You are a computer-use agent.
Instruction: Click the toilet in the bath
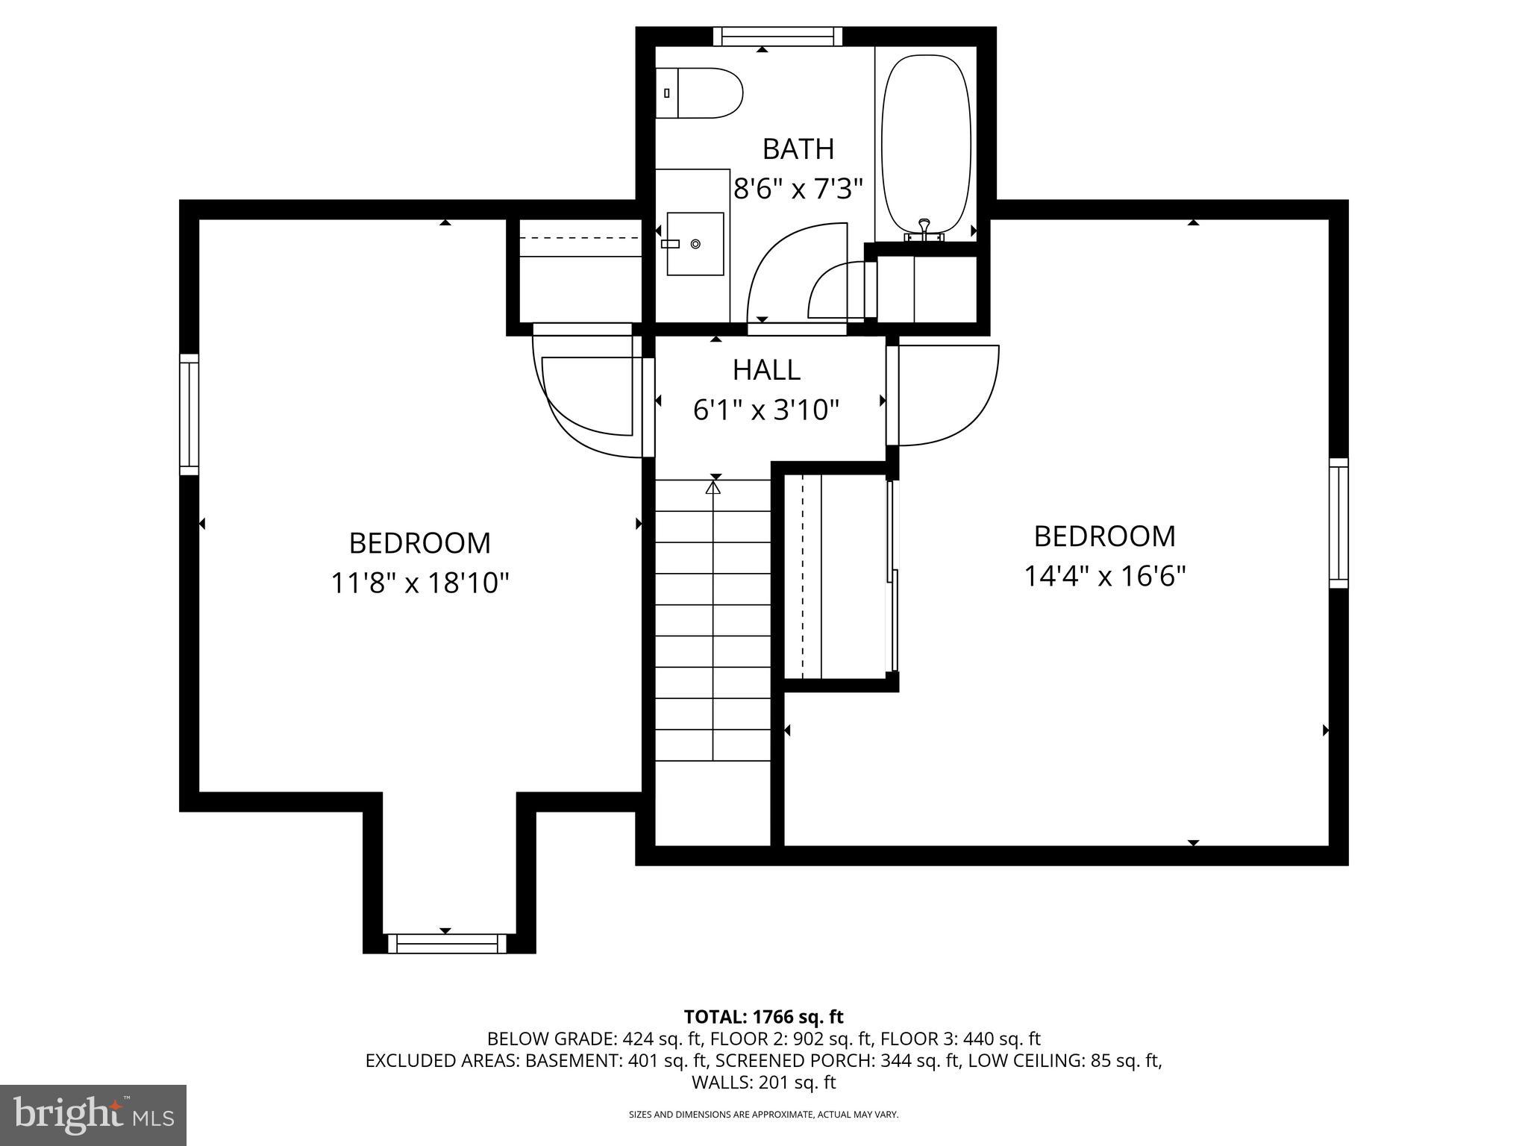[700, 93]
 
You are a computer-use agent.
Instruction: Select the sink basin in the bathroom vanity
[695, 243]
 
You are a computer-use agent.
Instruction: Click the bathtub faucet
[924, 231]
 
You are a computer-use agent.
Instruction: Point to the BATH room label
[798, 149]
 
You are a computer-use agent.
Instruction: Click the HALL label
[766, 370]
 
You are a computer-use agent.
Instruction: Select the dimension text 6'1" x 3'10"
[766, 410]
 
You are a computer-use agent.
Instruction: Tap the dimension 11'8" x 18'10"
[419, 583]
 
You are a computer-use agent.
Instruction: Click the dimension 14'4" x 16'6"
[1104, 576]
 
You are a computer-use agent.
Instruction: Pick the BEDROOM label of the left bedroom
[419, 543]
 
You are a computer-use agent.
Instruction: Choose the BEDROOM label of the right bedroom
[1104, 536]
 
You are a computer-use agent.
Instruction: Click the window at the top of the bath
[777, 37]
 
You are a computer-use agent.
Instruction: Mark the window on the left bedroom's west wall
[190, 414]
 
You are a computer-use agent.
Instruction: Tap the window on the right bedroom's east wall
[1338, 522]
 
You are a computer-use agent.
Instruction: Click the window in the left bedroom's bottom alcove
[447, 943]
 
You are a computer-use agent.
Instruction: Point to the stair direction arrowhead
[713, 488]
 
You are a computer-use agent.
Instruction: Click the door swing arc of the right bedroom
[970, 418]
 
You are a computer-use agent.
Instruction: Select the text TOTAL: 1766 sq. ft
[763, 1016]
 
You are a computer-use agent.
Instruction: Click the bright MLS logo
[93, 1115]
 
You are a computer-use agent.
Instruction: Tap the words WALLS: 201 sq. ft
[763, 1082]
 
